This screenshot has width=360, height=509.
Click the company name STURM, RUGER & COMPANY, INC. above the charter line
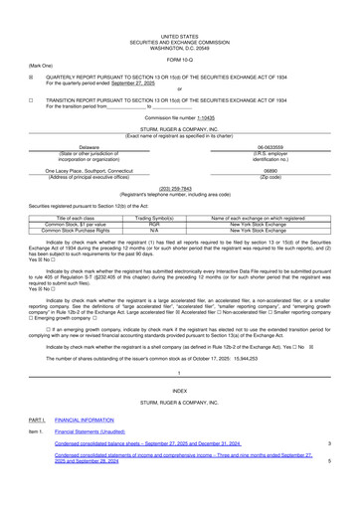coord(179,131)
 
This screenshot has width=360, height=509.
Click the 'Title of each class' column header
coord(83,217)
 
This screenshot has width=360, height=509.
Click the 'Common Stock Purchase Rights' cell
coord(83,231)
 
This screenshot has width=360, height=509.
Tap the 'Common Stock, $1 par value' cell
coord(83,224)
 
